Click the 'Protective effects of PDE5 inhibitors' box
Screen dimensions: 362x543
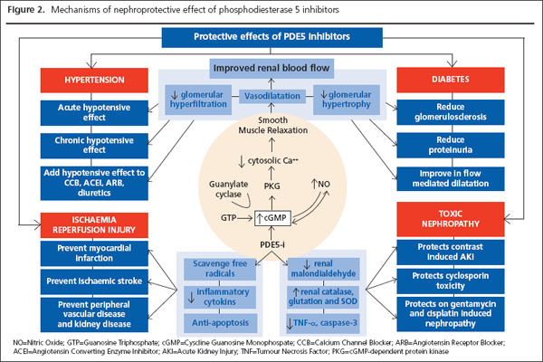(x=271, y=37)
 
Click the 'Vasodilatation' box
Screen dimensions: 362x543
(x=271, y=95)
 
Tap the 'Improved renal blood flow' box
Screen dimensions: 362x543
(x=271, y=69)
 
